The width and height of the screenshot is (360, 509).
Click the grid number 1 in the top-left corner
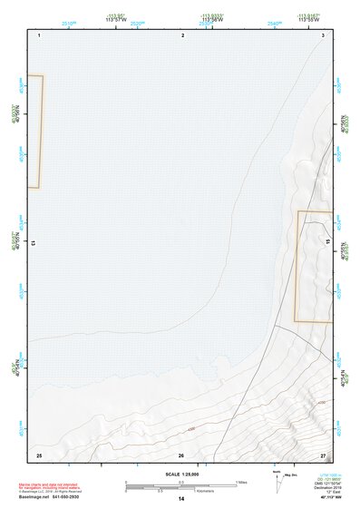point(40,34)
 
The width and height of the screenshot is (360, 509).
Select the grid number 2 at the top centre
point(182,34)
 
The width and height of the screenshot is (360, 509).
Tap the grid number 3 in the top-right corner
point(323,34)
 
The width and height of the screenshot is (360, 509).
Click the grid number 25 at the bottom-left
point(39,454)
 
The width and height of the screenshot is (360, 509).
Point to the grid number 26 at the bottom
point(181,455)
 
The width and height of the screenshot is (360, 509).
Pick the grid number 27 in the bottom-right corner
point(323,454)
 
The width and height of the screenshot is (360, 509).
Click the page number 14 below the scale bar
point(181,499)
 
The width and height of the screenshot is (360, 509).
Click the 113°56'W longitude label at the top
point(212,20)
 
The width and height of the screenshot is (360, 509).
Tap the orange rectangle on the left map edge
point(34,132)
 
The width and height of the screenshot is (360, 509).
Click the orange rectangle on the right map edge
point(314,266)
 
